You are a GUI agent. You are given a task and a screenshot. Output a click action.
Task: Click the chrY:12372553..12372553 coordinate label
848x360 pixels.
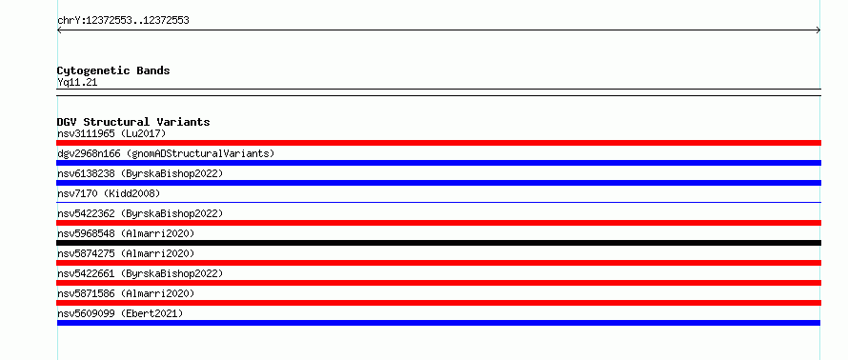click(123, 21)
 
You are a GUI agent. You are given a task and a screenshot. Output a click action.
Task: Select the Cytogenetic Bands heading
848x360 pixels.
click(113, 70)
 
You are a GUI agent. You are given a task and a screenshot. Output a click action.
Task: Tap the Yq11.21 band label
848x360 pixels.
click(77, 83)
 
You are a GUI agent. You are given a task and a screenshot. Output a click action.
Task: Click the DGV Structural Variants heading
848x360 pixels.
click(133, 122)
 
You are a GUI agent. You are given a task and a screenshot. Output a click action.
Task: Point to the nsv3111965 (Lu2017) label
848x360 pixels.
click(111, 133)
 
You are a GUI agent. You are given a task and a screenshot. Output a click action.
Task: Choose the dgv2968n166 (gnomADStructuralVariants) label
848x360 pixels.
click(166, 153)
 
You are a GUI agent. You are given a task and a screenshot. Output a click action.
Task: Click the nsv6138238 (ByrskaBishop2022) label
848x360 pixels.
click(140, 173)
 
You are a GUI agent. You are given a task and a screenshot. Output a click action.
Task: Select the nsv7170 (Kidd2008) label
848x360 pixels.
click(109, 193)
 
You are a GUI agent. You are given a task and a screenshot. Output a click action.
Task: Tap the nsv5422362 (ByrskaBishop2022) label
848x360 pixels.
click(140, 213)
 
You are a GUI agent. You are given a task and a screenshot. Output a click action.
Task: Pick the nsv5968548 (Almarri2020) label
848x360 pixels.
click(126, 233)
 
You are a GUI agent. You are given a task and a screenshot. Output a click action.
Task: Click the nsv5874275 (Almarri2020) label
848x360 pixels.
click(126, 253)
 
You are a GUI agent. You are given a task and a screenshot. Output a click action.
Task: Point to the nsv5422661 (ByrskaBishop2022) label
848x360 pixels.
click(140, 273)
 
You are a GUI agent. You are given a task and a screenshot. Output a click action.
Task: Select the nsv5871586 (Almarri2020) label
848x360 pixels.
click(126, 293)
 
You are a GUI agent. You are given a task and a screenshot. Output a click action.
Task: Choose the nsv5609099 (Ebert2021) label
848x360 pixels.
click(120, 313)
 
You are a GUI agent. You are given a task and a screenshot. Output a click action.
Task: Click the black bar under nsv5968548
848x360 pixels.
click(438, 243)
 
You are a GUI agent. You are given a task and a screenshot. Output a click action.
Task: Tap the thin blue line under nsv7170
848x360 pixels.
click(438, 202)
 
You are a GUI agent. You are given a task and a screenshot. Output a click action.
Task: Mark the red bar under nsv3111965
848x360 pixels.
click(438, 143)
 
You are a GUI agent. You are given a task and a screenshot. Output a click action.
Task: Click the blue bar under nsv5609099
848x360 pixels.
click(438, 323)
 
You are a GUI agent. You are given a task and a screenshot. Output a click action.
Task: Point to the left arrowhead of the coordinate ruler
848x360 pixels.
click(58, 30)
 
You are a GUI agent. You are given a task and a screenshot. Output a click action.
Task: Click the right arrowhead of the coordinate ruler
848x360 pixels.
click(819, 30)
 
